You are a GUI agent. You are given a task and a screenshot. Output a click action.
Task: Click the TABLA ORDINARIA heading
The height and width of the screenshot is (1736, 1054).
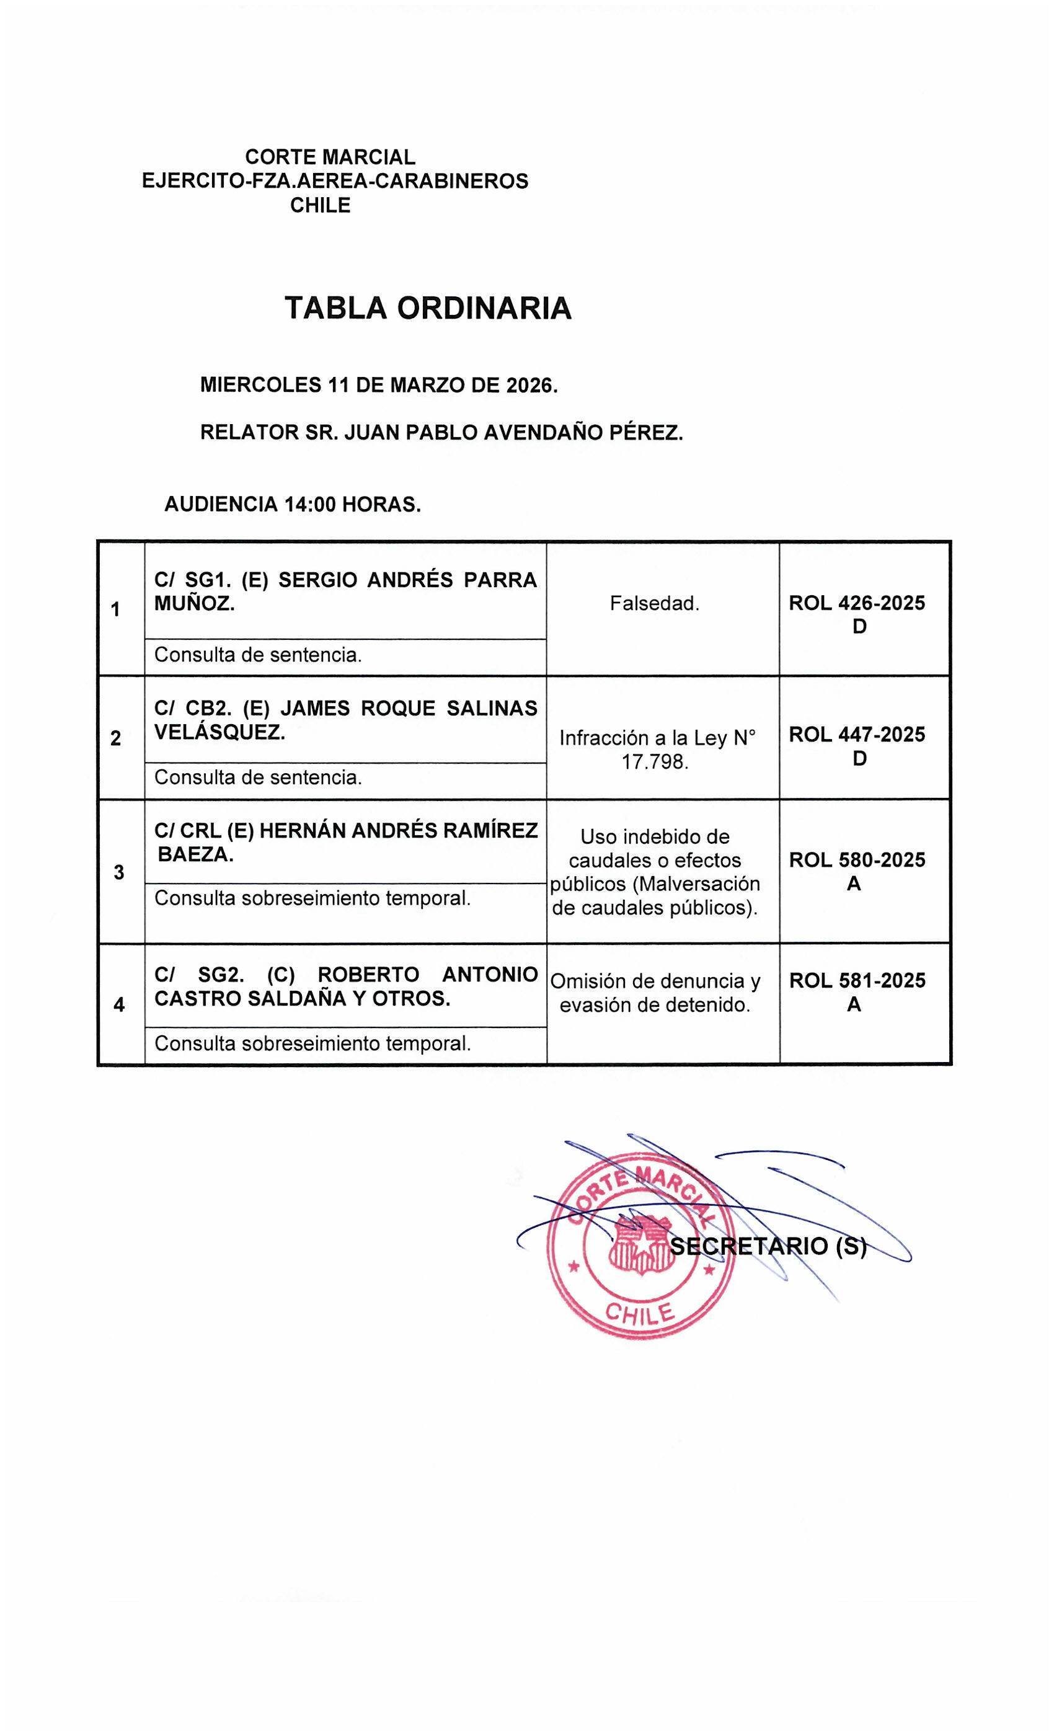coord(427,309)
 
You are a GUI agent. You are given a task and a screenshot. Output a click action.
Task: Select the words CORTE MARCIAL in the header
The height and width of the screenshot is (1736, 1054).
coord(330,156)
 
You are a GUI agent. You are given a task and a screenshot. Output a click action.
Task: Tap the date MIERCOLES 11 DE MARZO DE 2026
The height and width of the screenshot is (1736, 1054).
coord(378,386)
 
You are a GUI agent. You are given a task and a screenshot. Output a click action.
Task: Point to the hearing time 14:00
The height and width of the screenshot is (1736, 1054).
coord(310,505)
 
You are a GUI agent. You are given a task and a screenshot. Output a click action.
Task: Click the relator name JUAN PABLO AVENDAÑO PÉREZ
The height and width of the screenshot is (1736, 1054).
coord(513,432)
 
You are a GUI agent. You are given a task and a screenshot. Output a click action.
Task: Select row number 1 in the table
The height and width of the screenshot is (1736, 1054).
coord(115,609)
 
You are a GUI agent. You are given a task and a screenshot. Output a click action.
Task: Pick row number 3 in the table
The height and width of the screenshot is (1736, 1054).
coord(119,872)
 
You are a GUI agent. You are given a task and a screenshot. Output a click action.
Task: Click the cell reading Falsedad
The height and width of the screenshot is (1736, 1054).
coord(655,604)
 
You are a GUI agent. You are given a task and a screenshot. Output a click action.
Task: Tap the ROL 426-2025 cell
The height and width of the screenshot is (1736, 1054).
coord(857,614)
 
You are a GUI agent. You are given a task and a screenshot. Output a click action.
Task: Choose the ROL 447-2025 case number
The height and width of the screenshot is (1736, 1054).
coord(857,735)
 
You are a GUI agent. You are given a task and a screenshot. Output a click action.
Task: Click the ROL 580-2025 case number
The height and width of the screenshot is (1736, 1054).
coord(857,861)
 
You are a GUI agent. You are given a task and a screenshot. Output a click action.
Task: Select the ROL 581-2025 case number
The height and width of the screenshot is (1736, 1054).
coord(857,981)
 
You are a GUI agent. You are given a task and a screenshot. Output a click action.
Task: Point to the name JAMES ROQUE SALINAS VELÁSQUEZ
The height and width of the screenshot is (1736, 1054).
coord(345,720)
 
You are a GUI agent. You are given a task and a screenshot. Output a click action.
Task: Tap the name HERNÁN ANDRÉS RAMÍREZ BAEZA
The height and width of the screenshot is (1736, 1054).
coord(345,843)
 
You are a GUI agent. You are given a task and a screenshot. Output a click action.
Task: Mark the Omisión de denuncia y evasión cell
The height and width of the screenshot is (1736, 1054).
coord(655,993)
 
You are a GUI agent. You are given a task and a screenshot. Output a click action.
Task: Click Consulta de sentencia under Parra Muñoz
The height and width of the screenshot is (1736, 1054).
coord(258,655)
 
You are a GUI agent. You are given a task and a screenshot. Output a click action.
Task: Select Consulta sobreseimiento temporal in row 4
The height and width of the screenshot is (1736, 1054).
coord(312,1043)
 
